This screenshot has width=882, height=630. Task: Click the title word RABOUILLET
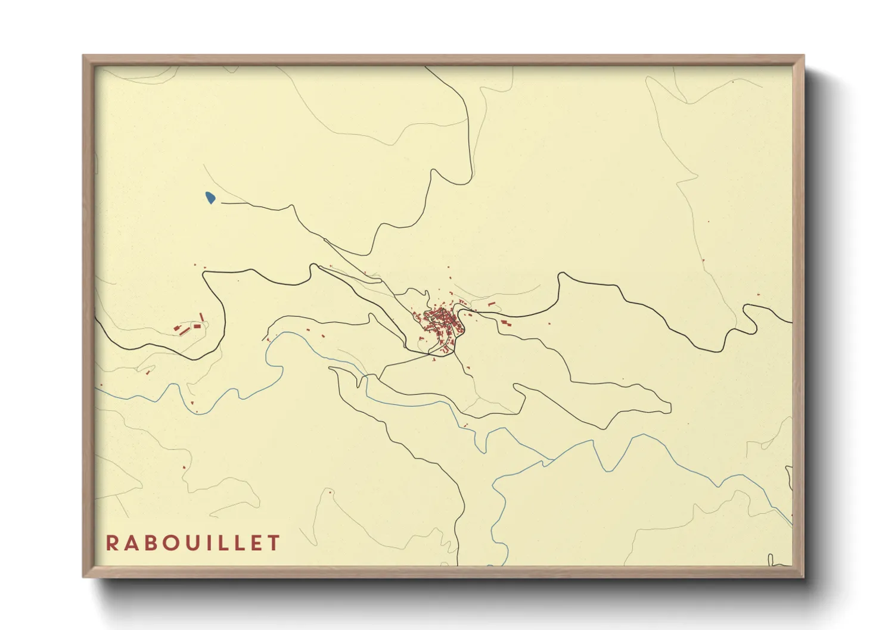click(193, 543)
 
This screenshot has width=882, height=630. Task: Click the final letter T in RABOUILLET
click(274, 543)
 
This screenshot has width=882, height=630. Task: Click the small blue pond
click(210, 197)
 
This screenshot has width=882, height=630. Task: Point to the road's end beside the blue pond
click(222, 202)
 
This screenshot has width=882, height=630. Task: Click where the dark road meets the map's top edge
click(426, 67)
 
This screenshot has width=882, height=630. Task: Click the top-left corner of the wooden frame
click(83, 55)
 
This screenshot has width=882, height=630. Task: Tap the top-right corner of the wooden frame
click(804, 55)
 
